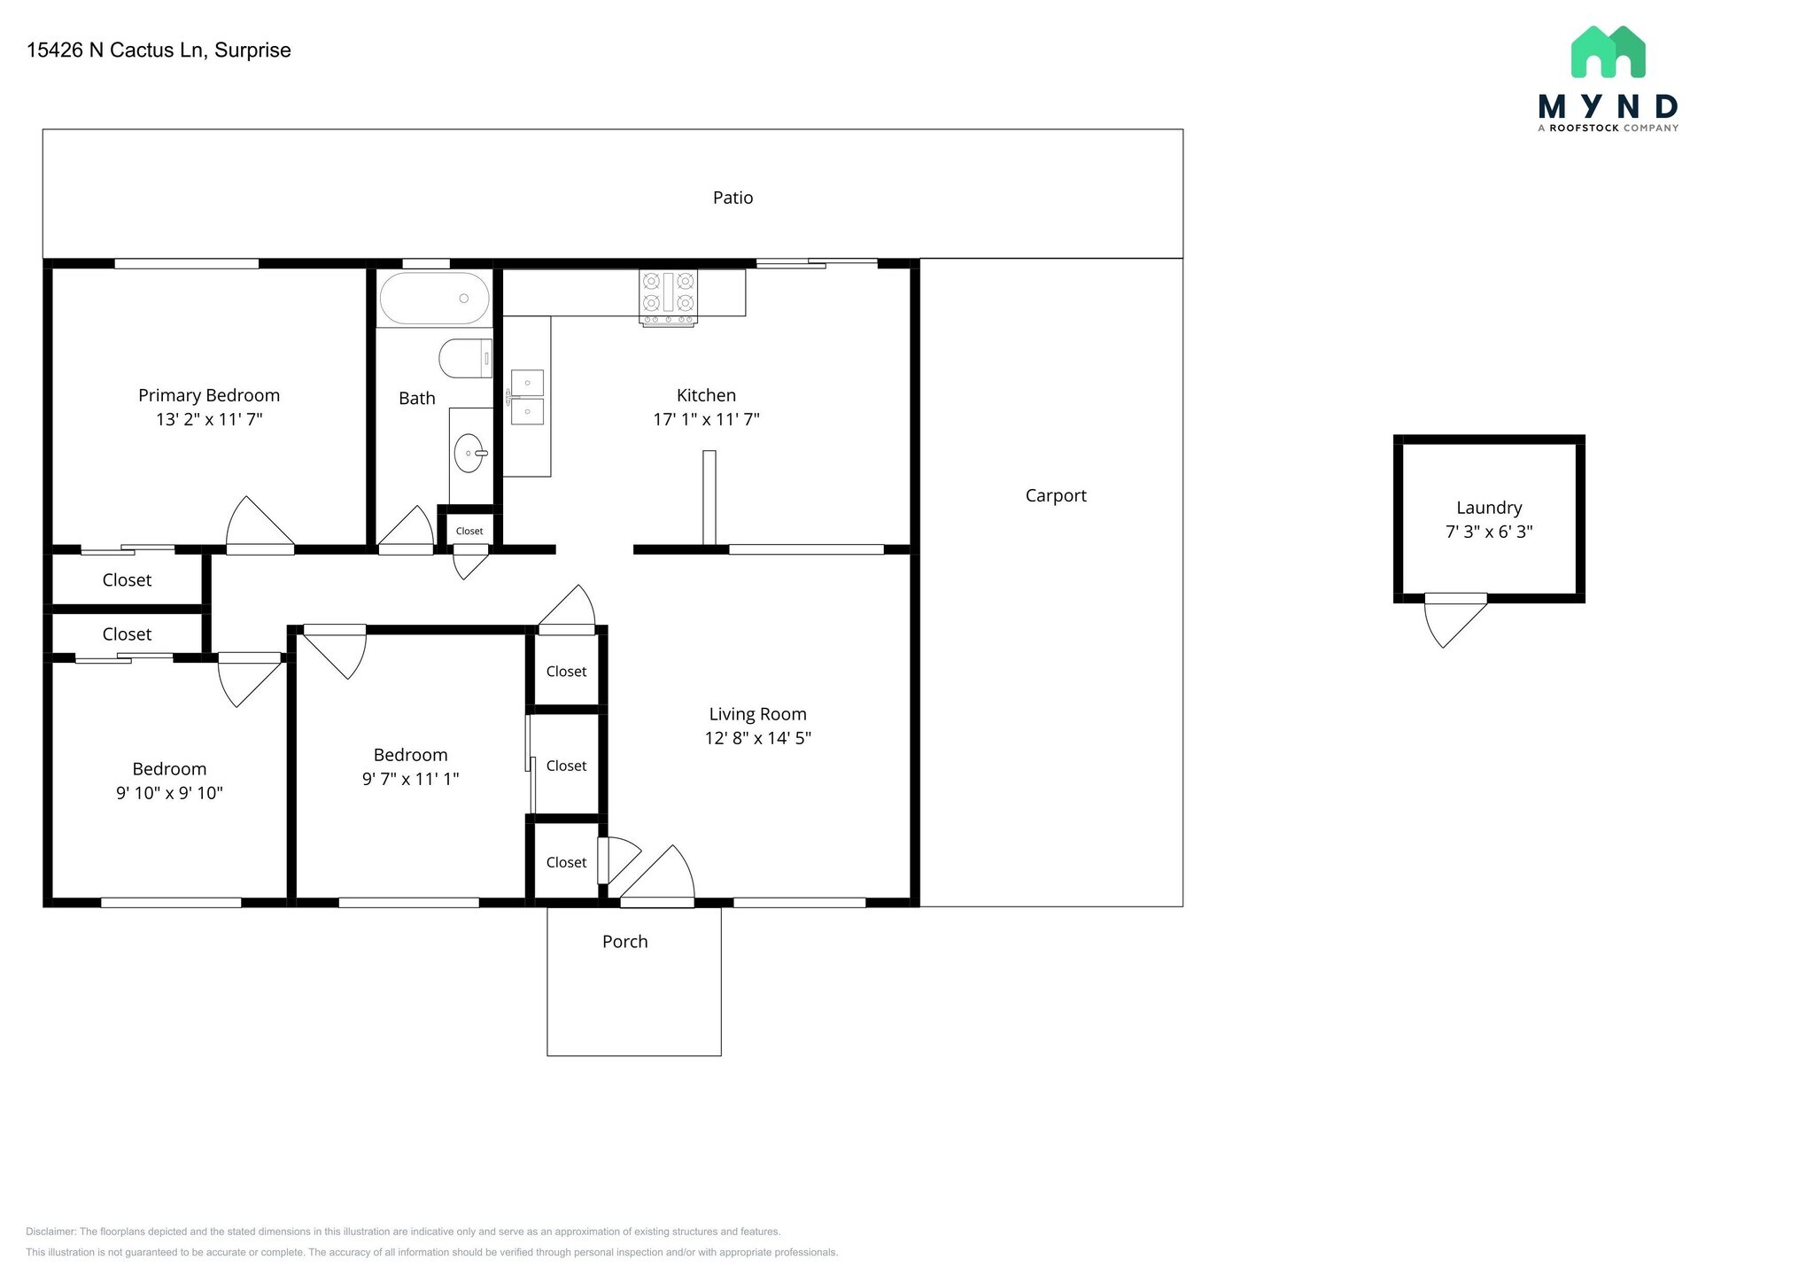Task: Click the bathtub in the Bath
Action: (434, 299)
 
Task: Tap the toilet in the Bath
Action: (464, 359)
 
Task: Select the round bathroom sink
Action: (469, 454)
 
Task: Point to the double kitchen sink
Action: (527, 397)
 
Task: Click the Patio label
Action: (733, 198)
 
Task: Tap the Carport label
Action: (1055, 495)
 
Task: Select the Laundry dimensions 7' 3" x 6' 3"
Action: (1488, 532)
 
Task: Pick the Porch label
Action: (624, 941)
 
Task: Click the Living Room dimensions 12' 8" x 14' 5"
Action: (757, 738)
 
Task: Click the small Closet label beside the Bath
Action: (469, 531)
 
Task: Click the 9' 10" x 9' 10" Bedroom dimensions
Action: (169, 793)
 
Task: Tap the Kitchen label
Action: (706, 395)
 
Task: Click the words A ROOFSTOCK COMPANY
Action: (1608, 128)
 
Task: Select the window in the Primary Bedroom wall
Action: (186, 263)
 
